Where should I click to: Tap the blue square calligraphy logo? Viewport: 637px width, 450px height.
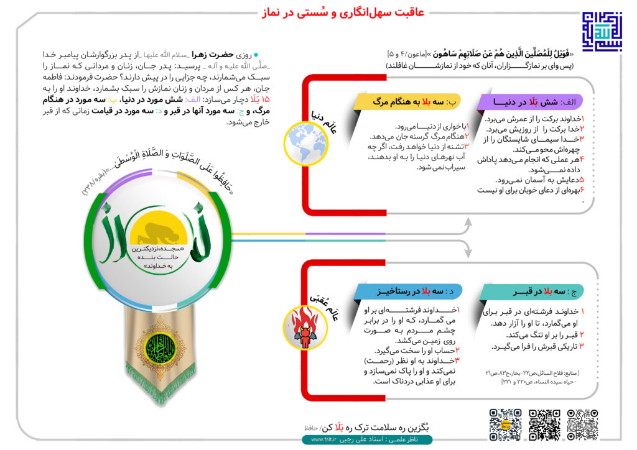(601, 30)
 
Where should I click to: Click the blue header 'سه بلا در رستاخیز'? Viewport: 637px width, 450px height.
(401, 291)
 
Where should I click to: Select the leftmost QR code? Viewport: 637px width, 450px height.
(505, 425)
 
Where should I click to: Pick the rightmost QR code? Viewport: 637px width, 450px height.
(582, 425)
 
